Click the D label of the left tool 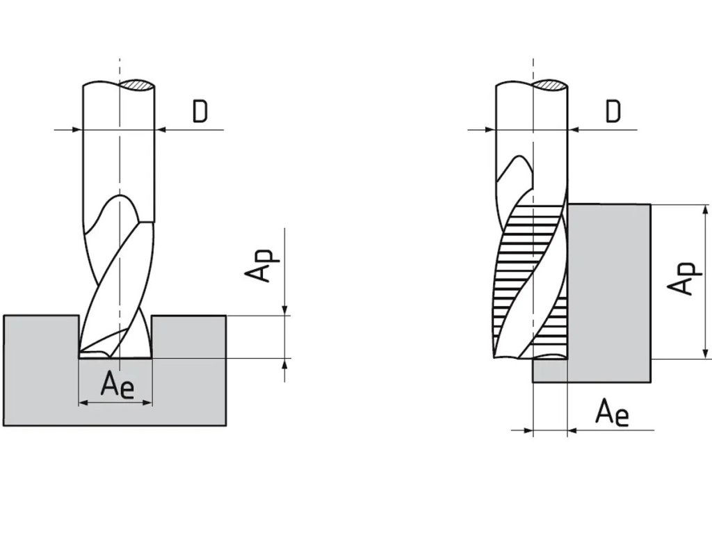[x=200, y=112]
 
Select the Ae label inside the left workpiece [x=117, y=385]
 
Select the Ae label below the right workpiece [x=612, y=414]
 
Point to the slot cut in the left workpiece [x=115, y=337]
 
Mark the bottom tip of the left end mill [x=115, y=357]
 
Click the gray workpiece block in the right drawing [x=609, y=292]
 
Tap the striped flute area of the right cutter [x=528, y=278]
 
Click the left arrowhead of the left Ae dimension [x=83, y=403]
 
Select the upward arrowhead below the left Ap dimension [x=285, y=363]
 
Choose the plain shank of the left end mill [x=118, y=153]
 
